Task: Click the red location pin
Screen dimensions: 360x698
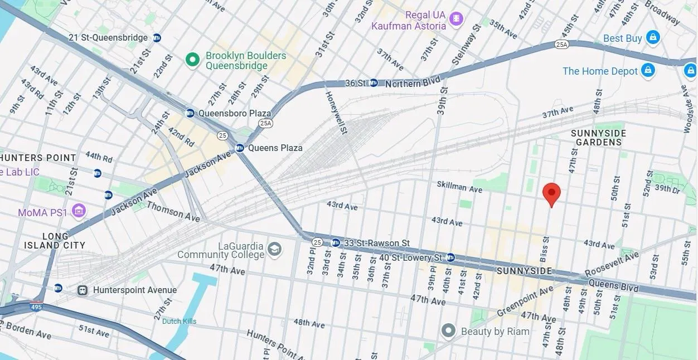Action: tap(551, 193)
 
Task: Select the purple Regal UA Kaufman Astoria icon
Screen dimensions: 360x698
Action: tap(457, 20)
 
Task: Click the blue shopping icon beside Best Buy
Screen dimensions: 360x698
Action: tap(653, 38)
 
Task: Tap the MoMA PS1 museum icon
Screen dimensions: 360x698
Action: tap(79, 211)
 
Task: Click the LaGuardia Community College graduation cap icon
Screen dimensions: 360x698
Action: tap(274, 249)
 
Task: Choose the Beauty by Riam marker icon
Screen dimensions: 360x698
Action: tap(449, 331)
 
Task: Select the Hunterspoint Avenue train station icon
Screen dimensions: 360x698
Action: tap(83, 290)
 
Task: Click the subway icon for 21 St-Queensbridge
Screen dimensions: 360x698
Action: tap(157, 38)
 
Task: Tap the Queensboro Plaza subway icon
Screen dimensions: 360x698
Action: tap(190, 113)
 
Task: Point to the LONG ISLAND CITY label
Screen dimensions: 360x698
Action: tap(55, 241)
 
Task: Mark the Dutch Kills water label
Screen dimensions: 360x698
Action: tap(179, 321)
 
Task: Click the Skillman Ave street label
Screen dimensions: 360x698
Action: tap(459, 187)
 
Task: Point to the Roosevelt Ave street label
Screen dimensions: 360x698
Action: tap(612, 265)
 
